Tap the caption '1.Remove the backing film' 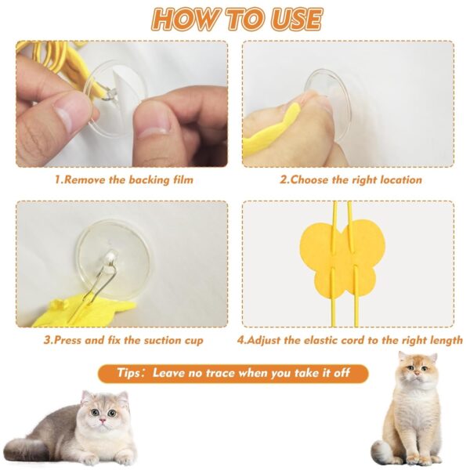tap(123, 180)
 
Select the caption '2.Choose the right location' tap(351, 180)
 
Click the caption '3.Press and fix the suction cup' tap(123, 341)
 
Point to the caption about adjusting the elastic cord tap(350, 341)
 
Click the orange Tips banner tap(233, 374)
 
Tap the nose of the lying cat tap(101, 421)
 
